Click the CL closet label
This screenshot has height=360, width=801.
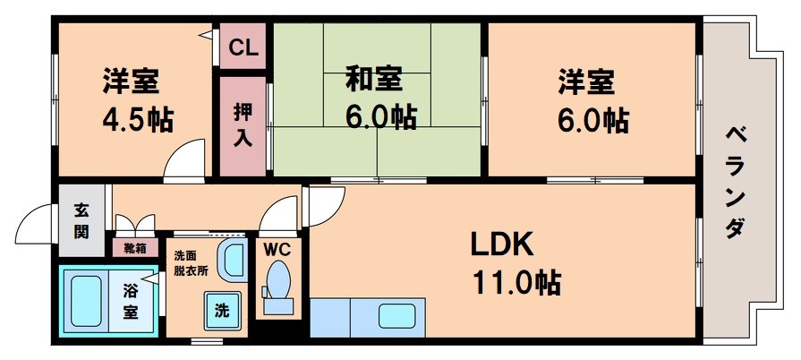coord(243,48)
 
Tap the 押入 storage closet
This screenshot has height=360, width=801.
coord(243,125)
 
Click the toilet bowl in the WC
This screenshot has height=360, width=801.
coord(278,279)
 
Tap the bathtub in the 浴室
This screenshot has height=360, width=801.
coord(87,300)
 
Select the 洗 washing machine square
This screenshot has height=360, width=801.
coord(220,311)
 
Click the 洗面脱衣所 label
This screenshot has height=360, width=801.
coord(191,261)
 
